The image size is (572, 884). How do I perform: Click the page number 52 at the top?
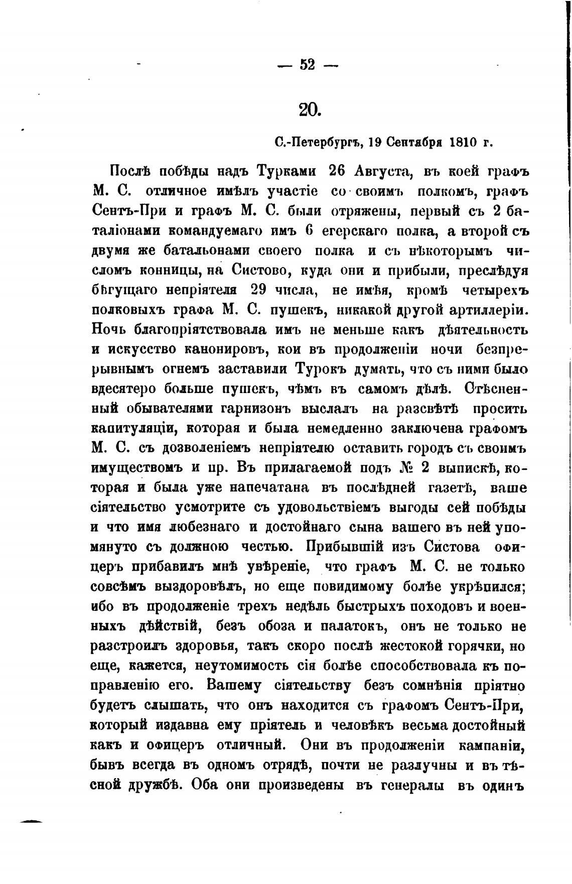point(307,65)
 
